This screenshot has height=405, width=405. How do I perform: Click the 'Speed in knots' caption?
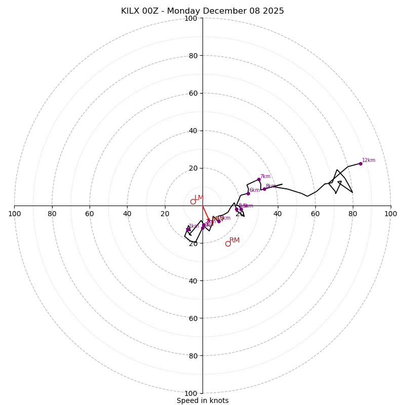[x=202, y=400]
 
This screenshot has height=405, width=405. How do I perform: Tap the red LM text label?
[x=199, y=197]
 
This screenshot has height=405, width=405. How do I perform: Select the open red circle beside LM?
[x=193, y=201]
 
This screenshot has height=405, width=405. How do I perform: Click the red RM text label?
[x=234, y=240]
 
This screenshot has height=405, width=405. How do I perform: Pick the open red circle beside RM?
[x=228, y=244]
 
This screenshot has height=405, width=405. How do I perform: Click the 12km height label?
[x=369, y=160]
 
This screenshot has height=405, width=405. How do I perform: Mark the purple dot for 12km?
[x=360, y=164]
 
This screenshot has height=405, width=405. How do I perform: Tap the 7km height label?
[x=265, y=177]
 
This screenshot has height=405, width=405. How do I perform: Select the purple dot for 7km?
[x=259, y=179]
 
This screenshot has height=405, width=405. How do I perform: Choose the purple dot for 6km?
[x=248, y=193]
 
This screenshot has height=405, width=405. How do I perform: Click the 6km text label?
[x=254, y=190]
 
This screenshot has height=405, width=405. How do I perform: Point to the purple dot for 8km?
[x=264, y=189]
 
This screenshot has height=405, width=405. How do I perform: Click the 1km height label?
[x=194, y=226]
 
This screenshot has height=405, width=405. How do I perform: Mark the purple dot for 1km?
[x=188, y=229]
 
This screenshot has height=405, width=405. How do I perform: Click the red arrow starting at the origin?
[x=206, y=213]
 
